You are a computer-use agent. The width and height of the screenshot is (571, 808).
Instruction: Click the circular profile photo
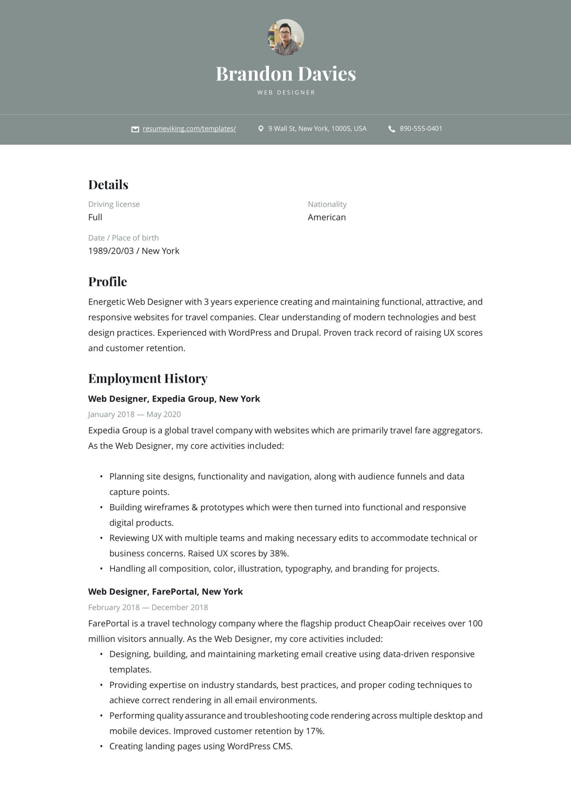286,37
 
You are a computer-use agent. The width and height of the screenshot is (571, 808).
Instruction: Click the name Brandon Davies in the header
285,74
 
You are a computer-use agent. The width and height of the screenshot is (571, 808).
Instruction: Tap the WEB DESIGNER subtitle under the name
286,92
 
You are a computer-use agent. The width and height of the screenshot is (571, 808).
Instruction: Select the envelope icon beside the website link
135,129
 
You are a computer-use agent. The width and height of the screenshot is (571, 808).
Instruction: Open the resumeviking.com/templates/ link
189,129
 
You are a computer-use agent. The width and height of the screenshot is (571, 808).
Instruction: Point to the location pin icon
261,129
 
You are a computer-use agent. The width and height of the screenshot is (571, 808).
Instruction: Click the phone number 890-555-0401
421,129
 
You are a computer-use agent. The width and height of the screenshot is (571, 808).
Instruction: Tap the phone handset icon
392,129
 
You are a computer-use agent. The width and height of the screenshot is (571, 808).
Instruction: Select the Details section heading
108,185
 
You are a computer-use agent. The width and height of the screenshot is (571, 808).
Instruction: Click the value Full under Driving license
95,217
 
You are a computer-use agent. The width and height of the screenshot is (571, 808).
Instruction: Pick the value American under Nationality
327,217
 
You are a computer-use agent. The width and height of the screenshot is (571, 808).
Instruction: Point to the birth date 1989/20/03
111,251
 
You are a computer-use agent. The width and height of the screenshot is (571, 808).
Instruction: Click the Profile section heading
107,282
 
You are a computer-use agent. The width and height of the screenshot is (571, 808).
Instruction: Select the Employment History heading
147,378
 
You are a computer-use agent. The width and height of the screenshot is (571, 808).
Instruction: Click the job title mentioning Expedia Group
174,399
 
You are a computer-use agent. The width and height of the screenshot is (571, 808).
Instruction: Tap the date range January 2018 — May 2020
134,414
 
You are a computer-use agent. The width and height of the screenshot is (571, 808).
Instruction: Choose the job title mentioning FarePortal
165,592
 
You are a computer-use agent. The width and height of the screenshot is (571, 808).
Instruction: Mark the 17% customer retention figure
314,731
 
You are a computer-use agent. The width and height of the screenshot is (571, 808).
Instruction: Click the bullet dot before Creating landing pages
101,746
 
